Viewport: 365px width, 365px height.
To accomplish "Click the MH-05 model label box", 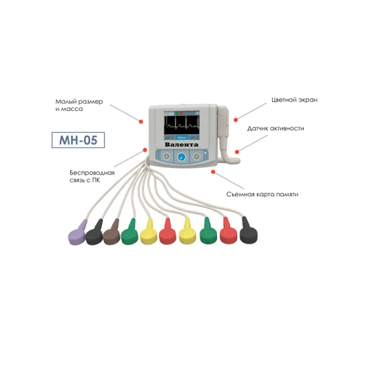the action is click(79, 140).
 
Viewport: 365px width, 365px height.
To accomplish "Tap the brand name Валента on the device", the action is click(182, 145).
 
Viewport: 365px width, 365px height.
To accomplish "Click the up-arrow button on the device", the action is click(167, 156).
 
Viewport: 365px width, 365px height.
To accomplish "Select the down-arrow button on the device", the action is click(197, 156).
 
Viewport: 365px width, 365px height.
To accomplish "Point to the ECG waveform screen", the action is click(182, 125).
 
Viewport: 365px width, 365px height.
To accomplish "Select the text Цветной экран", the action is click(295, 100).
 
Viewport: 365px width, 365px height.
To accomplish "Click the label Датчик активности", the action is click(275, 128).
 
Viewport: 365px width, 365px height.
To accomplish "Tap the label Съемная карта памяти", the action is click(262, 194).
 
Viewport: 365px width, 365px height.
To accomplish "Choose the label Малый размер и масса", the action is click(79, 105).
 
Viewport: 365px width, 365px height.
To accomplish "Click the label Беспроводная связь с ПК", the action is click(92, 176).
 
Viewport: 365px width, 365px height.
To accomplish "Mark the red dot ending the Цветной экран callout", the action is click(236, 120).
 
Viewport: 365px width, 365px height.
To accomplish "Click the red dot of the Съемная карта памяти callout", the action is click(213, 171).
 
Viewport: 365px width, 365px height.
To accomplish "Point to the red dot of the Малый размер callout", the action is click(140, 121).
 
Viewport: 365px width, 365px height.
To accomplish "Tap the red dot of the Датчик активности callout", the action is click(237, 152).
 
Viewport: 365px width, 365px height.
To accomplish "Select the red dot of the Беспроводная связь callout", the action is click(145, 150).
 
